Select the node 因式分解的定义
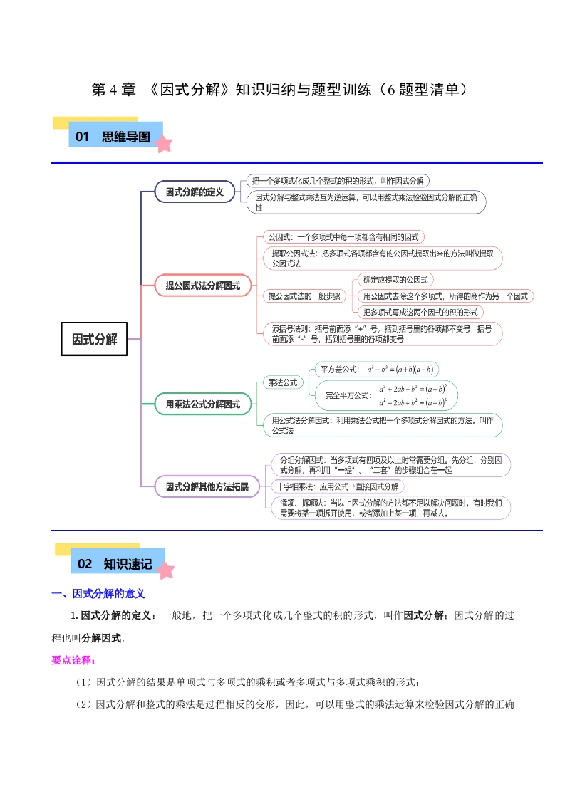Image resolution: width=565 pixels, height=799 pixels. (x=195, y=192)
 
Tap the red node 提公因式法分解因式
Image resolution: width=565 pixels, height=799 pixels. (x=203, y=286)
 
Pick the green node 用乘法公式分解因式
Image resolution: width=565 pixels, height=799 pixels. (x=203, y=404)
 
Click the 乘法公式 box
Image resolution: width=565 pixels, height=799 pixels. (x=281, y=382)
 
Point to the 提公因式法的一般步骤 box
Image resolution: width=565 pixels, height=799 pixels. (x=303, y=296)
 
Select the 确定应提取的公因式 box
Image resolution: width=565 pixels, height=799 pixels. (x=395, y=280)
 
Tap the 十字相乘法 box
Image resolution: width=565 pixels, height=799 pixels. (x=338, y=486)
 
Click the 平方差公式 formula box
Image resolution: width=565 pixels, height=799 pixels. (x=378, y=369)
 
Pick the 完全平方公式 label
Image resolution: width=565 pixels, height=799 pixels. (x=348, y=395)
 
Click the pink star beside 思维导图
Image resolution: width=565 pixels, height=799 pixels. (x=165, y=145)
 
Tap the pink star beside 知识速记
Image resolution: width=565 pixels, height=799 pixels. (x=165, y=570)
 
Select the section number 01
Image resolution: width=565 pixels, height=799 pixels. (x=82, y=137)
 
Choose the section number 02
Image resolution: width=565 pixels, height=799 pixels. (x=85, y=564)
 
